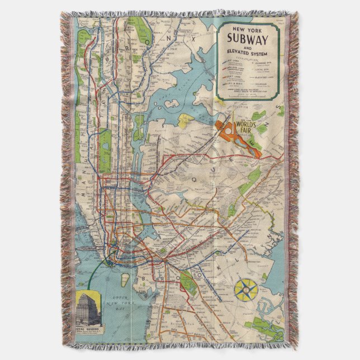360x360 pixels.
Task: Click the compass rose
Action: click(x=246, y=289)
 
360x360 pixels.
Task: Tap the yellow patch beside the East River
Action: click(x=187, y=120)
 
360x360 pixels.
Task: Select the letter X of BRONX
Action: click(x=193, y=39)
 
